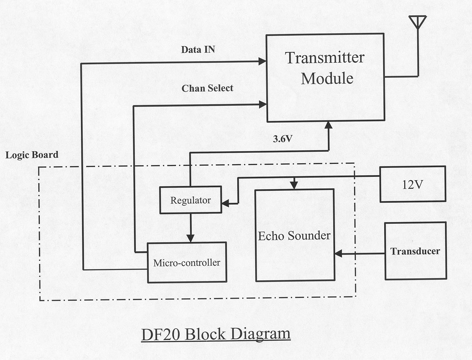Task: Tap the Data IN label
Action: tap(198, 49)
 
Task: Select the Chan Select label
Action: tap(207, 88)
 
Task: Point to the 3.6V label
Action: tap(282, 139)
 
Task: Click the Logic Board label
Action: tap(32, 155)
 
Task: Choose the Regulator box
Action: tap(190, 200)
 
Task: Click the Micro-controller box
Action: tap(187, 262)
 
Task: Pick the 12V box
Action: tap(413, 184)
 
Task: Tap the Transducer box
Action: tap(415, 251)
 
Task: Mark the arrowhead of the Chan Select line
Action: tap(263, 105)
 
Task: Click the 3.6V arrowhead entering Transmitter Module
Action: tap(328, 125)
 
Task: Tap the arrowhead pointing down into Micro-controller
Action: tap(191, 238)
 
